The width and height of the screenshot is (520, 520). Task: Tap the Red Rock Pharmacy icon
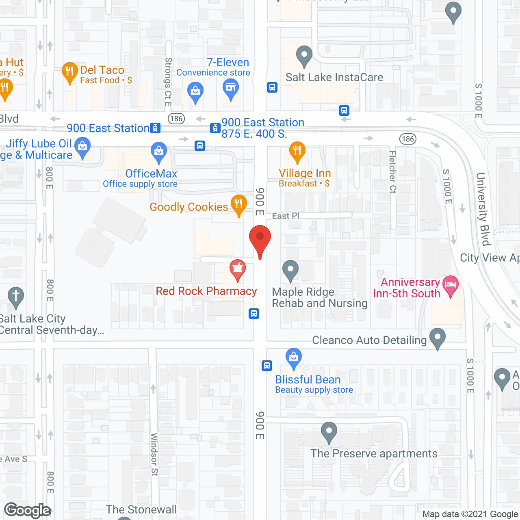click(238, 269)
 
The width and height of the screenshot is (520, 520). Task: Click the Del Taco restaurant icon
click(70, 72)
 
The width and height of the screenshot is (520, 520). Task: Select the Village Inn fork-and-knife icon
click(297, 151)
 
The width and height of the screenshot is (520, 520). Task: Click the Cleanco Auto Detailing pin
click(438, 338)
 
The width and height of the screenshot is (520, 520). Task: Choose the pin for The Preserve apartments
click(329, 432)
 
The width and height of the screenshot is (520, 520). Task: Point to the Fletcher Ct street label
click(392, 172)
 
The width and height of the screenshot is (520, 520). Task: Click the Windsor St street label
click(154, 454)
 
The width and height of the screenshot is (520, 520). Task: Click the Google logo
click(28, 510)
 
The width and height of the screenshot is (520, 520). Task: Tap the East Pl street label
click(286, 216)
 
